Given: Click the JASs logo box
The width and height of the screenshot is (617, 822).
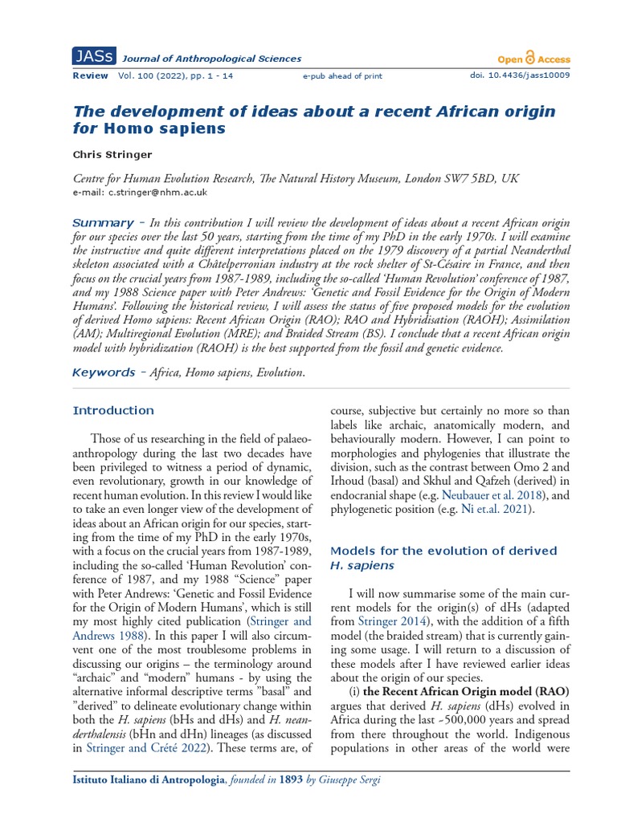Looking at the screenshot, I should click(93, 58).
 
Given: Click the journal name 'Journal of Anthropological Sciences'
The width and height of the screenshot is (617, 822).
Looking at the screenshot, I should click(211, 59).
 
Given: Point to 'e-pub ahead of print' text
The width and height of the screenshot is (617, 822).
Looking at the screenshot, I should click(342, 76).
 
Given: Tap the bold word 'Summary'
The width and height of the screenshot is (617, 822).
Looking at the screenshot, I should click(103, 222).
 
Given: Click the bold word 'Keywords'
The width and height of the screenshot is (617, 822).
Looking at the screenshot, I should click(104, 372).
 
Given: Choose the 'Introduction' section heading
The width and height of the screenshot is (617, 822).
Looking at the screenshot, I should click(113, 410).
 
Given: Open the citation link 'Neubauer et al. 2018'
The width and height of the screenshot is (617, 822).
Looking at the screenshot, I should click(480, 496).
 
